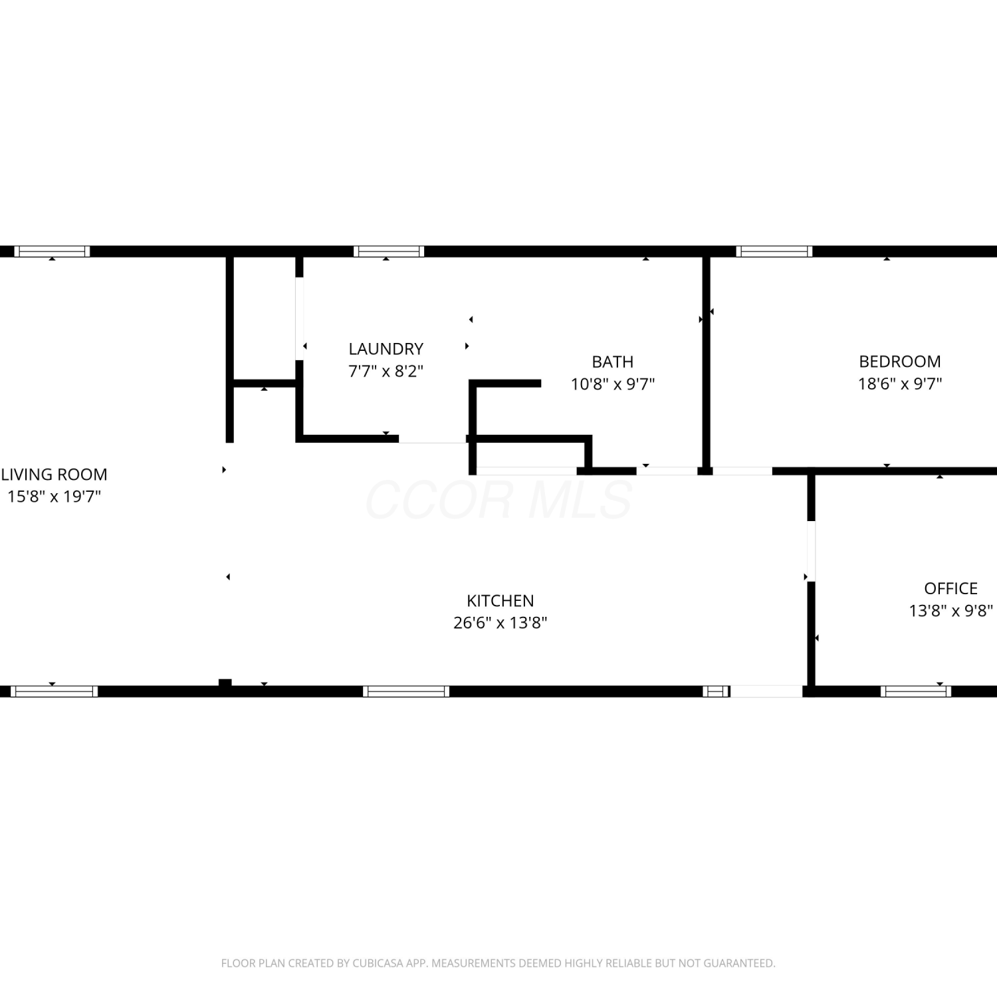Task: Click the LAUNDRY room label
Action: [386, 349]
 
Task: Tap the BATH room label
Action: [612, 362]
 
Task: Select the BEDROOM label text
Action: [900, 362]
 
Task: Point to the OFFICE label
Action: [950, 588]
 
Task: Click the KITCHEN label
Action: [500, 601]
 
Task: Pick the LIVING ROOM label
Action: [54, 475]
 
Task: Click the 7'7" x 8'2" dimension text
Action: [386, 371]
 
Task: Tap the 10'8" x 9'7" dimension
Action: [612, 384]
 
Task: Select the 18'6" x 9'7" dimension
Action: [900, 384]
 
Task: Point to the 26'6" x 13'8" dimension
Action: [500, 623]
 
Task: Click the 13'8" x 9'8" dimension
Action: [950, 610]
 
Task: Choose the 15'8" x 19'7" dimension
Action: [54, 497]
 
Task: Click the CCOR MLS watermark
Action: [498, 500]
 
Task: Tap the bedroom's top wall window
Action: [774, 251]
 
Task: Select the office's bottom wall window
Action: [915, 691]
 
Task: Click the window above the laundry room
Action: [389, 251]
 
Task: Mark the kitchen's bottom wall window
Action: [406, 691]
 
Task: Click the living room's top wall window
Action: [52, 251]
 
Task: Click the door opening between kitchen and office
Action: [811, 552]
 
